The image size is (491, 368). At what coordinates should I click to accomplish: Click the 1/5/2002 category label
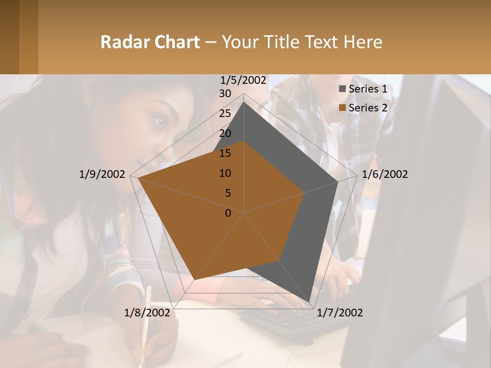coord(243,80)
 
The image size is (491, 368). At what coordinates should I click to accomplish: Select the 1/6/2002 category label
coord(385,174)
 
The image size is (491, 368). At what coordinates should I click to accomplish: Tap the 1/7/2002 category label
coord(340,313)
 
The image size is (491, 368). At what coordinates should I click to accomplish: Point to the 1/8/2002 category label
coord(147,313)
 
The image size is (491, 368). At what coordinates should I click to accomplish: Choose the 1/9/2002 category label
coord(102,174)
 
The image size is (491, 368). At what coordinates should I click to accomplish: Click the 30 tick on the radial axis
coord(225,94)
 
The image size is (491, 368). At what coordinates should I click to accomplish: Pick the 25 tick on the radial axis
coord(225,113)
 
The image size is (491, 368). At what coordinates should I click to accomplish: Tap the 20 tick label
coord(225,133)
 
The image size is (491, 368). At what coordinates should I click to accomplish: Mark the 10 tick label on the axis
coord(225,173)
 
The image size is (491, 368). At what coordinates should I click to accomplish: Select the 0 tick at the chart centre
coord(228,213)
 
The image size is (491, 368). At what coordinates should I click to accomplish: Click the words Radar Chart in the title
coord(150,42)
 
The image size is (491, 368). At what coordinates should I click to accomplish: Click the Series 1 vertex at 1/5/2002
coord(244,102)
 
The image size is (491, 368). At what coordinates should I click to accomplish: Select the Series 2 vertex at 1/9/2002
coord(138,178)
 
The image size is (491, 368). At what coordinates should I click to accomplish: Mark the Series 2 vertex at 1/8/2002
coord(194,279)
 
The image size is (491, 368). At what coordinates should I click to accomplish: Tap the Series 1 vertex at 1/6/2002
coord(338,182)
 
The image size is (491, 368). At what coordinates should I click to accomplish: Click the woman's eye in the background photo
coord(159,122)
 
